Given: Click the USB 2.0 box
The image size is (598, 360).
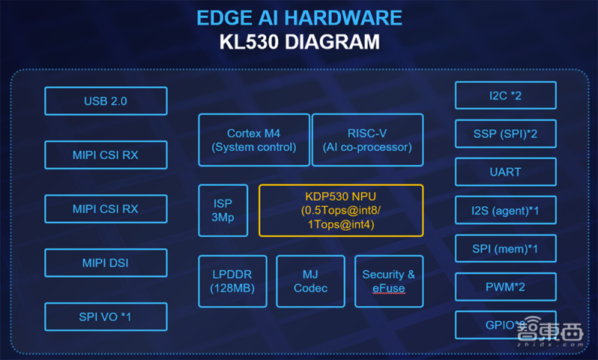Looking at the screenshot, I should pyautogui.click(x=105, y=101).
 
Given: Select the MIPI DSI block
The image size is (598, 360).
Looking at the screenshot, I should pyautogui.click(x=105, y=263).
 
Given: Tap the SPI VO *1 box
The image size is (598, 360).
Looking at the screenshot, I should pyautogui.click(x=105, y=317).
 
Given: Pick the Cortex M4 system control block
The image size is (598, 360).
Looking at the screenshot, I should pyautogui.click(x=254, y=140).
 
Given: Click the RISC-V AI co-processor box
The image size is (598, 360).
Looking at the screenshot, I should pyautogui.click(x=367, y=140).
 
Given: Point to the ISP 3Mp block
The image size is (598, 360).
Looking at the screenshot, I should pyautogui.click(x=223, y=211).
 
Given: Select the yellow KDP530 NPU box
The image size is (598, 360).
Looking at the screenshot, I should pyautogui.click(x=341, y=211).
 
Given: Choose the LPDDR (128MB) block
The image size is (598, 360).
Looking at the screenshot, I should pyautogui.click(x=232, y=281).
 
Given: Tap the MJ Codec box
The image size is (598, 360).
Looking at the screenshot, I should pyautogui.click(x=310, y=281).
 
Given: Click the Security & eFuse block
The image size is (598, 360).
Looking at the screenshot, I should pyautogui.click(x=389, y=281).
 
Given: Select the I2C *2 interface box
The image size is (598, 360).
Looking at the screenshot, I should pyautogui.click(x=505, y=96).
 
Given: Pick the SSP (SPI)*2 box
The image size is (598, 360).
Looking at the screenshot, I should pyautogui.click(x=505, y=134).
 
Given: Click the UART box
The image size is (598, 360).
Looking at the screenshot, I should pyautogui.click(x=505, y=172).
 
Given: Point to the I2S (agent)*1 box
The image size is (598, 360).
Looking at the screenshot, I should pyautogui.click(x=505, y=210).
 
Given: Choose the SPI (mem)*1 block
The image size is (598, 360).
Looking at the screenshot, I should pyautogui.click(x=505, y=248).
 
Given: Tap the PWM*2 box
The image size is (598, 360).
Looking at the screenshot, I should pyautogui.click(x=505, y=286).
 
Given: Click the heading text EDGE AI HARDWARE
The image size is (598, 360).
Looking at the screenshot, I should pyautogui.click(x=299, y=17).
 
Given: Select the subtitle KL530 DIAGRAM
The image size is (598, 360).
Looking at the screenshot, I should pyautogui.click(x=299, y=40).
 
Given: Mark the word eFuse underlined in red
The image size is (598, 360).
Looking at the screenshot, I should pyautogui.click(x=389, y=288).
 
